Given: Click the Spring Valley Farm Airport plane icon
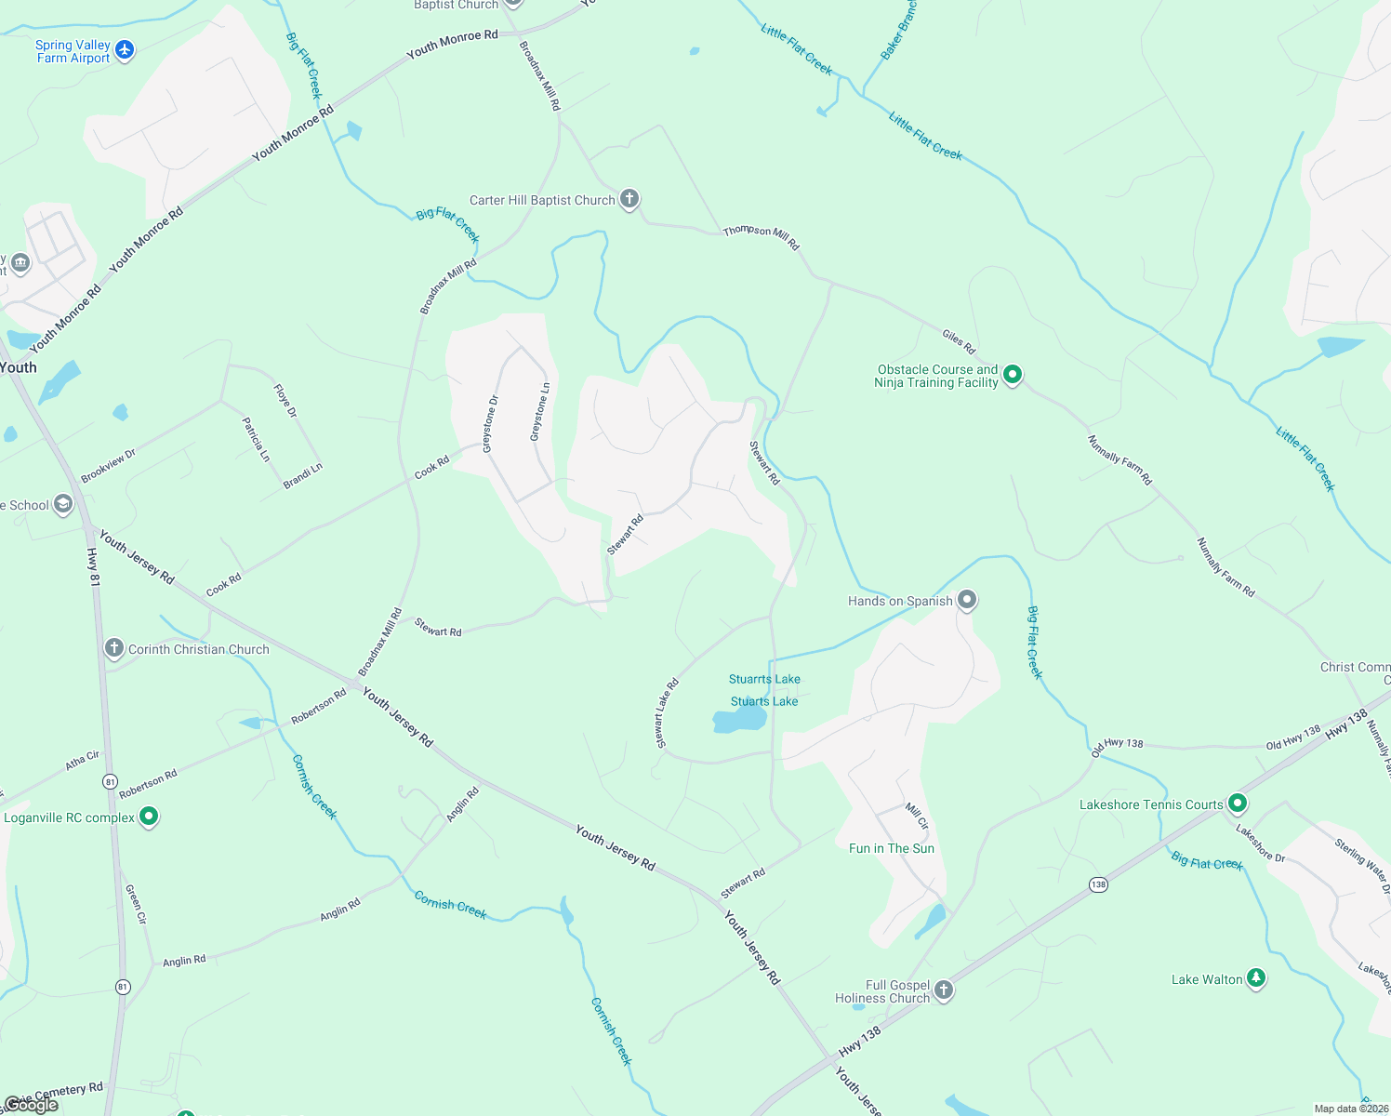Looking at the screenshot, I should [x=125, y=50].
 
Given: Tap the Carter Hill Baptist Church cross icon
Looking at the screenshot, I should [x=629, y=199].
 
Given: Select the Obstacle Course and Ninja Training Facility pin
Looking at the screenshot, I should [x=1013, y=375].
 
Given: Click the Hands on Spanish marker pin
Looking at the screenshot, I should [x=967, y=600].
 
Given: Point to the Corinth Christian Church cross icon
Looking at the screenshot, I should [x=114, y=648].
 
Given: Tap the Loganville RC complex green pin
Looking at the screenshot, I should [x=149, y=817].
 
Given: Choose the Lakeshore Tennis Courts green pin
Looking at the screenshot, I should [x=1237, y=803].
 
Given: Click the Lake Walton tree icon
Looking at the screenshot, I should [x=1256, y=977].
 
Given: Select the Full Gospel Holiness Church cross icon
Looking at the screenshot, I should [x=944, y=990].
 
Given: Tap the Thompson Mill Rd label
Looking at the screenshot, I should [x=761, y=237].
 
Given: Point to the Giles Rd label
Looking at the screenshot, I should [x=959, y=341].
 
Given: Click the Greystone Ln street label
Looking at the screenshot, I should [x=540, y=412].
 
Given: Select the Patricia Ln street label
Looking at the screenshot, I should [x=256, y=439].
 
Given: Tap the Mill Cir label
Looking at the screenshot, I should [x=917, y=816].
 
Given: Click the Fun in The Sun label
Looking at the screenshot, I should [x=891, y=848].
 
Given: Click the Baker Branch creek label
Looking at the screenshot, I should [x=898, y=31].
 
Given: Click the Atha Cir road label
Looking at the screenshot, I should [x=83, y=761].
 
